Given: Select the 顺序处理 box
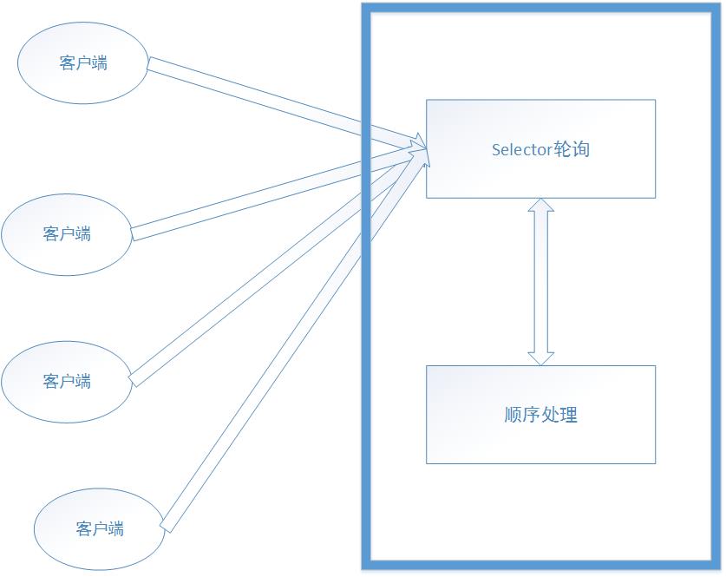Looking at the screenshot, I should click(540, 443).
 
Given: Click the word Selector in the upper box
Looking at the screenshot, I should click(521, 149).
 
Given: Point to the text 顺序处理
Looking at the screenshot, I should click(540, 415).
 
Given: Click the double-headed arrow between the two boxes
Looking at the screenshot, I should click(541, 282).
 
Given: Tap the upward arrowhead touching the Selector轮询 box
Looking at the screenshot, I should click(541, 207).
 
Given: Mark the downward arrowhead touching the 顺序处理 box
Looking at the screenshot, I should click(541, 356).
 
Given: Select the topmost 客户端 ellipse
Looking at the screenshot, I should click(83, 43).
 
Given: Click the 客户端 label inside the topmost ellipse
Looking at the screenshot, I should click(83, 63).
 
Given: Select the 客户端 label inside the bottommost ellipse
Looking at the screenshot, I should click(100, 528).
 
